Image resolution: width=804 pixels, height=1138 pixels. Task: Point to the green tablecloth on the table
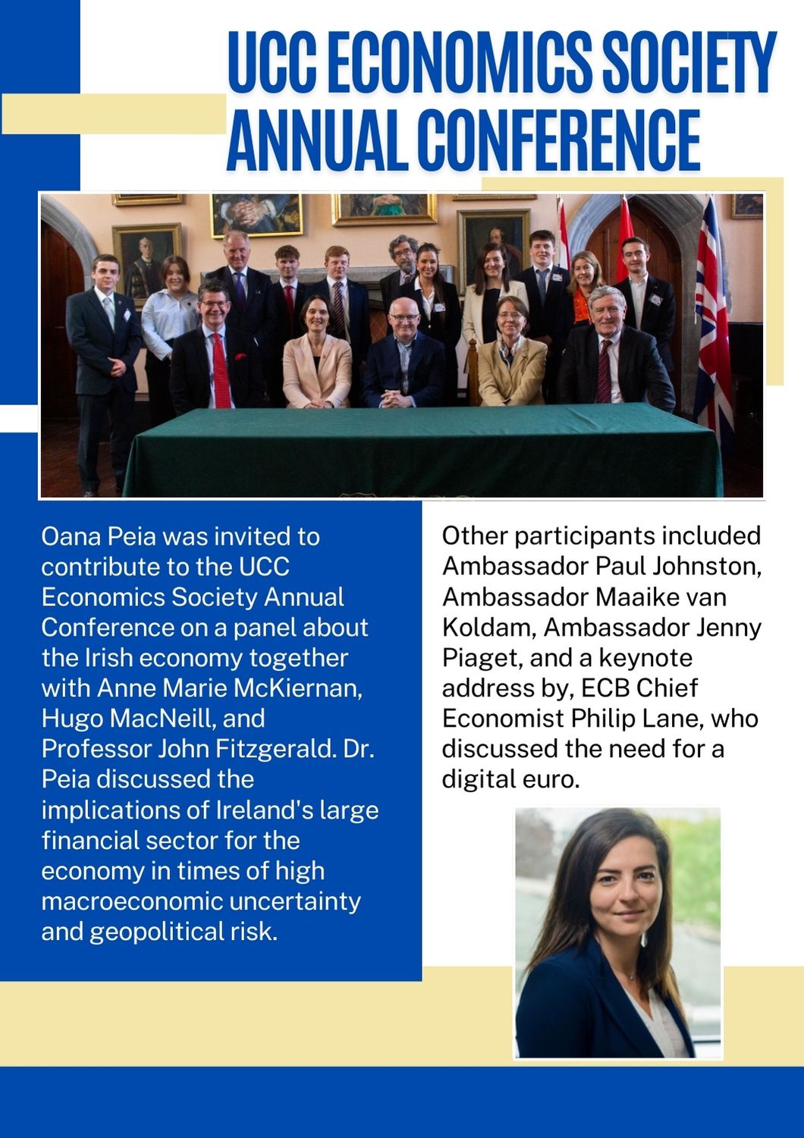tap(425, 451)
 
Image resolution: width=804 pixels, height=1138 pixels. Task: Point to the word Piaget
tap(479, 658)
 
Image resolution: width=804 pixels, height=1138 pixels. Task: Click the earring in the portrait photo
tap(643, 938)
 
